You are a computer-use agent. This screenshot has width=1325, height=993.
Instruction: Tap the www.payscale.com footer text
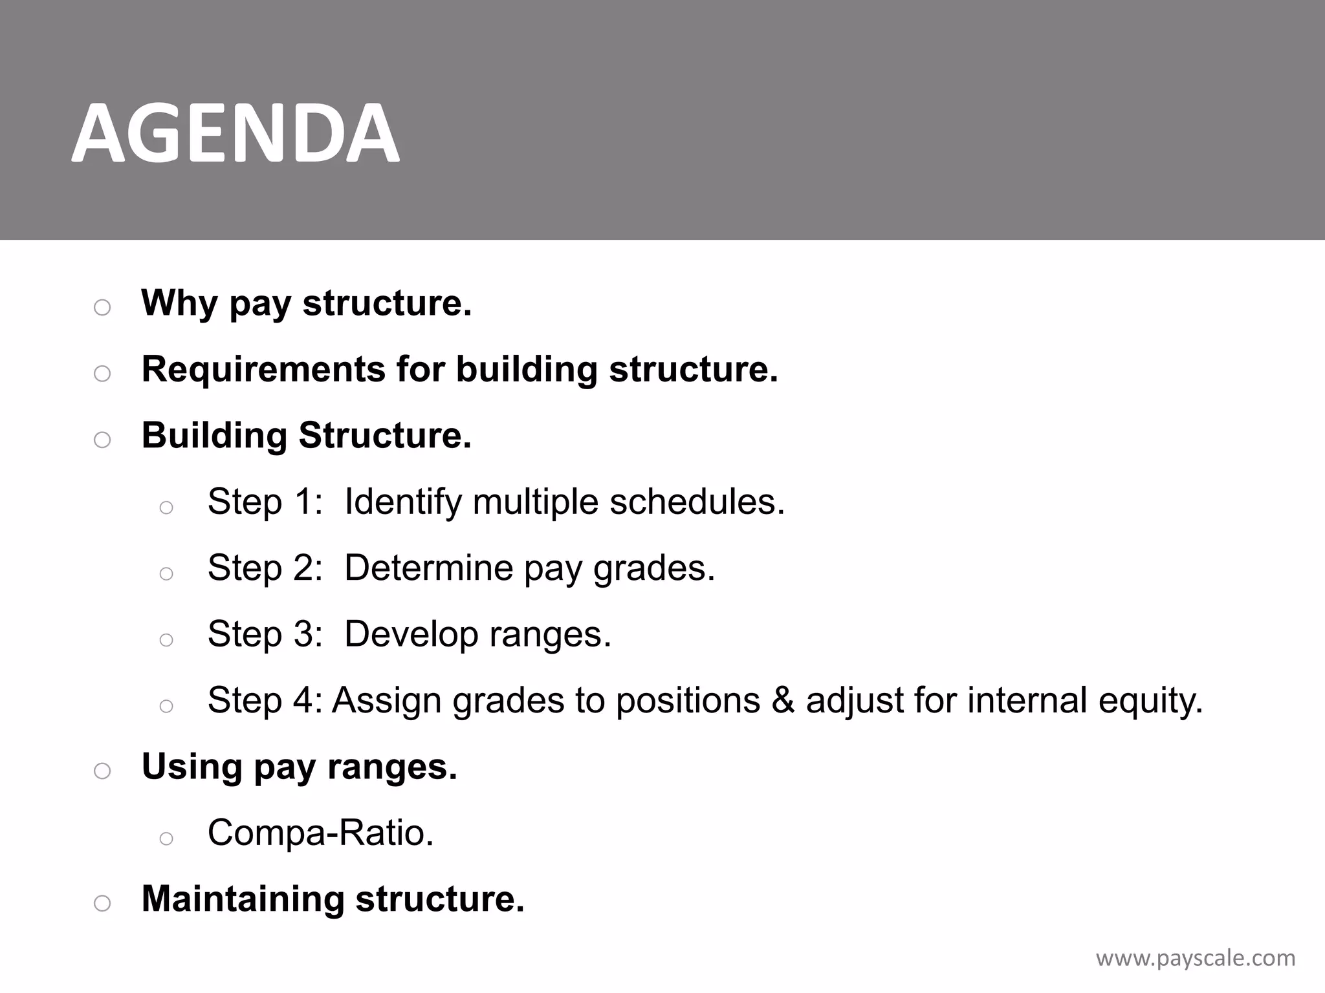point(1196,958)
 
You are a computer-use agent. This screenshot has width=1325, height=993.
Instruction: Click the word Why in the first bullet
point(179,303)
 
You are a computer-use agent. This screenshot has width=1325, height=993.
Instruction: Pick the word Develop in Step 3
point(411,634)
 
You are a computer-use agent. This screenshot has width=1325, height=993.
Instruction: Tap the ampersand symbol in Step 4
point(782,700)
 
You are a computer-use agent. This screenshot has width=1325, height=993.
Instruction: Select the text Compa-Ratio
point(320,833)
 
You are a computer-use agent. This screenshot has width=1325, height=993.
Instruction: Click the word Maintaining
point(243,899)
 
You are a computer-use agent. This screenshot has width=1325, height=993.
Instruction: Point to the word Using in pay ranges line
point(192,767)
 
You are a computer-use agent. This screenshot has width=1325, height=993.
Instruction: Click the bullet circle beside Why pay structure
point(102,308)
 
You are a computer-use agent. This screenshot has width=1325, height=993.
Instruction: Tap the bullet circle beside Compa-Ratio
point(166,838)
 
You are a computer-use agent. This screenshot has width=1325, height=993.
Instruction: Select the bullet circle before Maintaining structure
point(102,903)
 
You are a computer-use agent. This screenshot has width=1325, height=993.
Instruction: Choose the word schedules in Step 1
point(697,502)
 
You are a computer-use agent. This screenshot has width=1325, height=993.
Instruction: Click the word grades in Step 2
point(653,569)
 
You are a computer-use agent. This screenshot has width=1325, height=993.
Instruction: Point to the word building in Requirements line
point(527,370)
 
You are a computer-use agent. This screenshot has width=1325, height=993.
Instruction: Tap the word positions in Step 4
point(687,701)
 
